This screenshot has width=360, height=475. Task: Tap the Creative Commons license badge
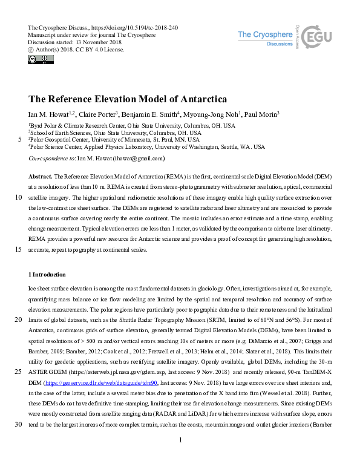pyautogui.click(x=37, y=59)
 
